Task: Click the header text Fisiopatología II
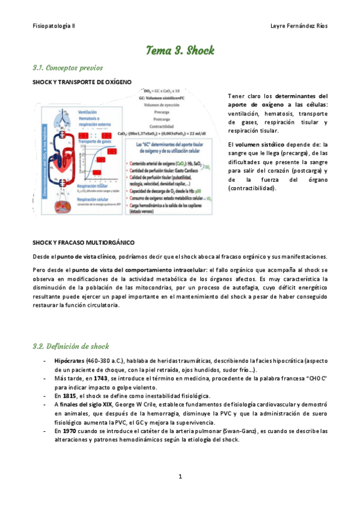(x=53, y=26)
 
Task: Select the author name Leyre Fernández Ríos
(x=299, y=26)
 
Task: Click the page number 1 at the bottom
(x=180, y=477)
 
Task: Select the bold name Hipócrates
(x=70, y=360)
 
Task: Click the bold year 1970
(x=70, y=431)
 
